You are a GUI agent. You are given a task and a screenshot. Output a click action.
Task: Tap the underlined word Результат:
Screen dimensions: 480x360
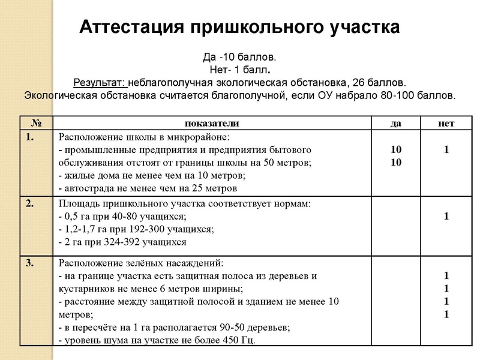[x=99, y=82]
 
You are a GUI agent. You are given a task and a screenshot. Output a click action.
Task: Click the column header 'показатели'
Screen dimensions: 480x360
[x=212, y=124]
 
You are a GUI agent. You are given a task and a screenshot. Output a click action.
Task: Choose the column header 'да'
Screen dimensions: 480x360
[x=396, y=124]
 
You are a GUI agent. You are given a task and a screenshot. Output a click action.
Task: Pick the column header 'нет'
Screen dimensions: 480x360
[x=446, y=124]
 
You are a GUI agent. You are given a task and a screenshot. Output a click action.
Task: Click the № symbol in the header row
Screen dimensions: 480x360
[x=35, y=124]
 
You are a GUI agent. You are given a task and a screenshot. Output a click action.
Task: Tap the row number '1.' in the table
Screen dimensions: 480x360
[x=31, y=137]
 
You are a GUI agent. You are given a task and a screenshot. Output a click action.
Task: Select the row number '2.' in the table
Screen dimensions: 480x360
[x=31, y=203]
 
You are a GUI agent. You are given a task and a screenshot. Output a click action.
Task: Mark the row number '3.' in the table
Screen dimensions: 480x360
[x=31, y=262]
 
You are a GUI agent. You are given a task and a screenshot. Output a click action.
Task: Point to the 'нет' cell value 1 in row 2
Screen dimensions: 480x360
[x=446, y=216]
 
